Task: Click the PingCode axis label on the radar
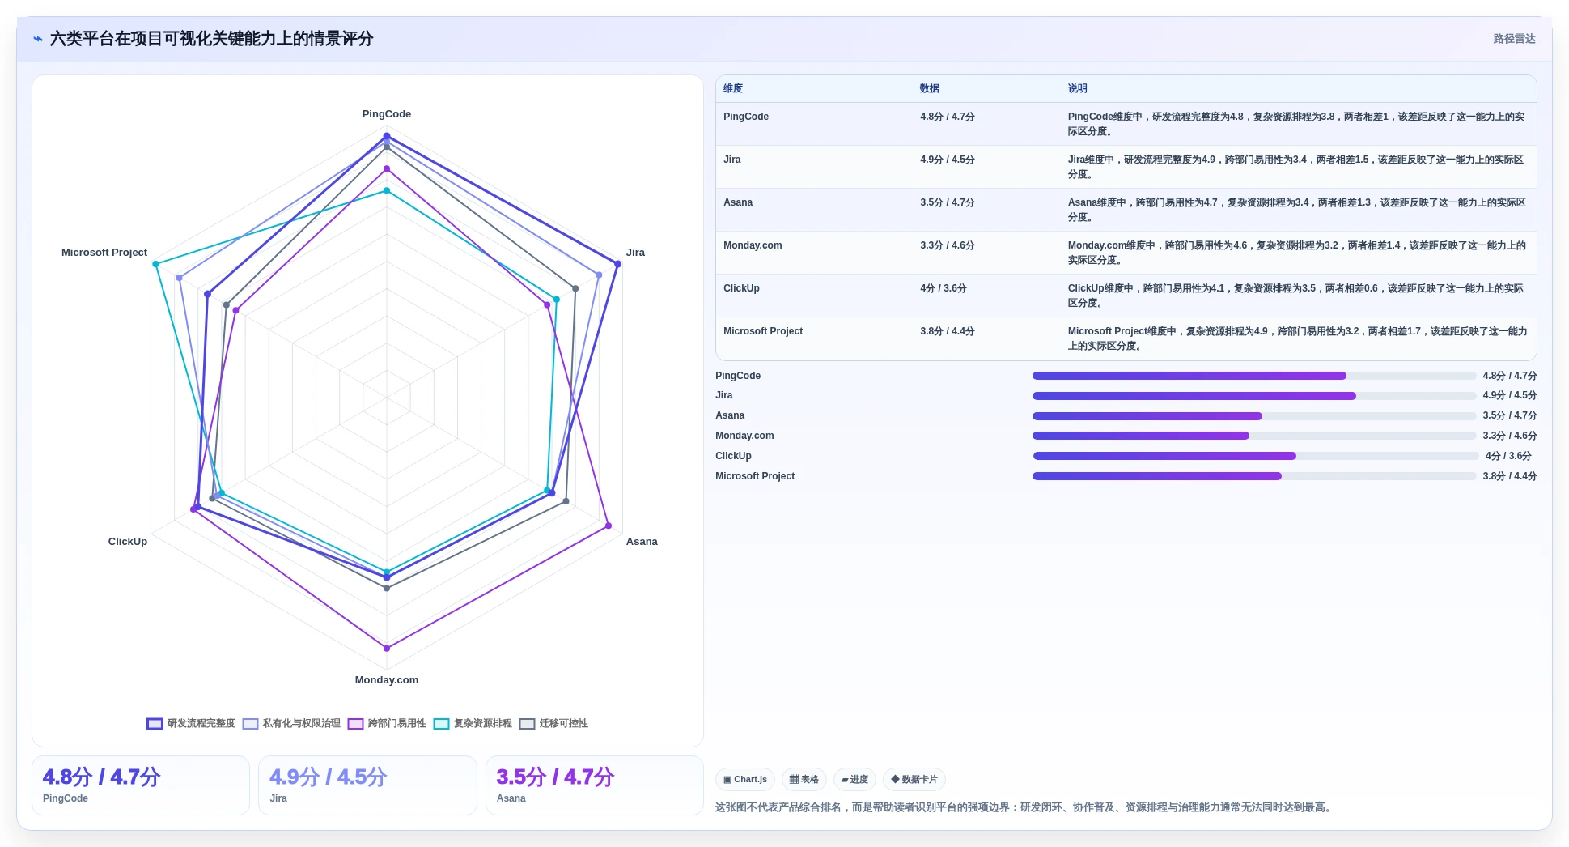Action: coord(386,114)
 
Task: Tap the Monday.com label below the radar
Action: coord(386,680)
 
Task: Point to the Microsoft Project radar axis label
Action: coord(104,253)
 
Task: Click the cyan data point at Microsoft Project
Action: coord(156,264)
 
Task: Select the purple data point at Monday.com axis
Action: coord(387,648)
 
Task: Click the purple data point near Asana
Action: coord(609,526)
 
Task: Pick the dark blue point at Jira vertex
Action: coord(617,264)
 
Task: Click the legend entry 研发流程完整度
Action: coord(191,723)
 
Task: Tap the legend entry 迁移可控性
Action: coord(553,723)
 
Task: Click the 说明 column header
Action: coord(1077,89)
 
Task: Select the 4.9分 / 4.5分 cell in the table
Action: coord(947,160)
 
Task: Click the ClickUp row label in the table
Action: coord(741,288)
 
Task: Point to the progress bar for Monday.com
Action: coord(1254,436)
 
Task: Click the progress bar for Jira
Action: coord(1254,396)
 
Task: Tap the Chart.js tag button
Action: coord(745,780)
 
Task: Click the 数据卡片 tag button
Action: coord(914,780)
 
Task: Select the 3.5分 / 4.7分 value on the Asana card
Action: coord(555,777)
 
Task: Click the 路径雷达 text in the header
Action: coord(1514,39)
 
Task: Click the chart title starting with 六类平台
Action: coord(211,39)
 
